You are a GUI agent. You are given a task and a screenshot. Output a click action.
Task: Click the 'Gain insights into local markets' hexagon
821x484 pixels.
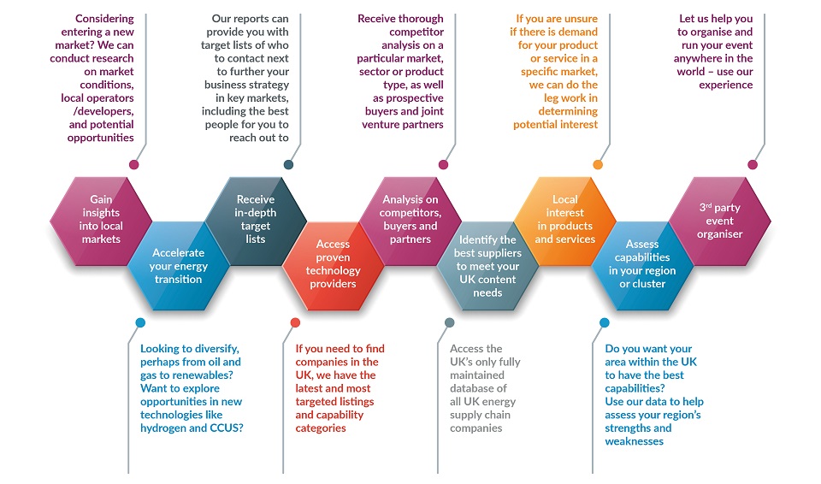(x=101, y=221)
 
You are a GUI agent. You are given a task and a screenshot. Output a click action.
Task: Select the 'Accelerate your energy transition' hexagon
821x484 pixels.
(x=178, y=266)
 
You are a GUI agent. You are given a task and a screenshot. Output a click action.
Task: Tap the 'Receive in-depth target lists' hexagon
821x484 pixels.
(x=256, y=221)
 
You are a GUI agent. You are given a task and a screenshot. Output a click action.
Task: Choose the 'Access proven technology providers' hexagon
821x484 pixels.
(x=333, y=266)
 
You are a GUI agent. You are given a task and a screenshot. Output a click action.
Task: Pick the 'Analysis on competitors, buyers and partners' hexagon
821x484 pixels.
(x=410, y=221)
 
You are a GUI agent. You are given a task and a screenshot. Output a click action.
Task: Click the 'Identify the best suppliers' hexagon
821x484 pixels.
(x=487, y=266)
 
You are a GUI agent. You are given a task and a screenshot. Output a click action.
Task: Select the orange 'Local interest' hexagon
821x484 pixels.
(x=565, y=221)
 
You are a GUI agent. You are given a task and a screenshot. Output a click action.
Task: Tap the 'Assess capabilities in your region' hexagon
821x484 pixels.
(x=642, y=266)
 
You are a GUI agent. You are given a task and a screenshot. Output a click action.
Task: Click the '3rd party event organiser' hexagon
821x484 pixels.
(x=720, y=221)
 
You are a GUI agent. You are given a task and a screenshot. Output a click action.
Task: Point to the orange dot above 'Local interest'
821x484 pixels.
(x=598, y=164)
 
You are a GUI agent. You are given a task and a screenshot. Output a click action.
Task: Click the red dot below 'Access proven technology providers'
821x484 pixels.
(x=295, y=322)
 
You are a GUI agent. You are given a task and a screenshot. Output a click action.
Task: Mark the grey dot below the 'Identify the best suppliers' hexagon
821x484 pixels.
(x=450, y=322)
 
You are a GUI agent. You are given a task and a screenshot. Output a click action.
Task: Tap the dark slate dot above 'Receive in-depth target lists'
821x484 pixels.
(x=288, y=164)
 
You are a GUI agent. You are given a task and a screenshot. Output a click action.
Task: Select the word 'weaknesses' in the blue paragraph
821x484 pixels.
(x=634, y=441)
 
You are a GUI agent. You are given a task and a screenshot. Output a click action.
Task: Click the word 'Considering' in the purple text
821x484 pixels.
(x=104, y=19)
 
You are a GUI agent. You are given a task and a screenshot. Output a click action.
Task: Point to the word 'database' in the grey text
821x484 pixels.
(x=473, y=388)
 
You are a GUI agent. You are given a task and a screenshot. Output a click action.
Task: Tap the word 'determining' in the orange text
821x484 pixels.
(x=568, y=111)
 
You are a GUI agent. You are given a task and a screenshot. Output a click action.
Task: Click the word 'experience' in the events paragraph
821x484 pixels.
(x=726, y=85)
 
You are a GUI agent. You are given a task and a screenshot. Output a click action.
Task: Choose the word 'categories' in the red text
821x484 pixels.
(x=321, y=428)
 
